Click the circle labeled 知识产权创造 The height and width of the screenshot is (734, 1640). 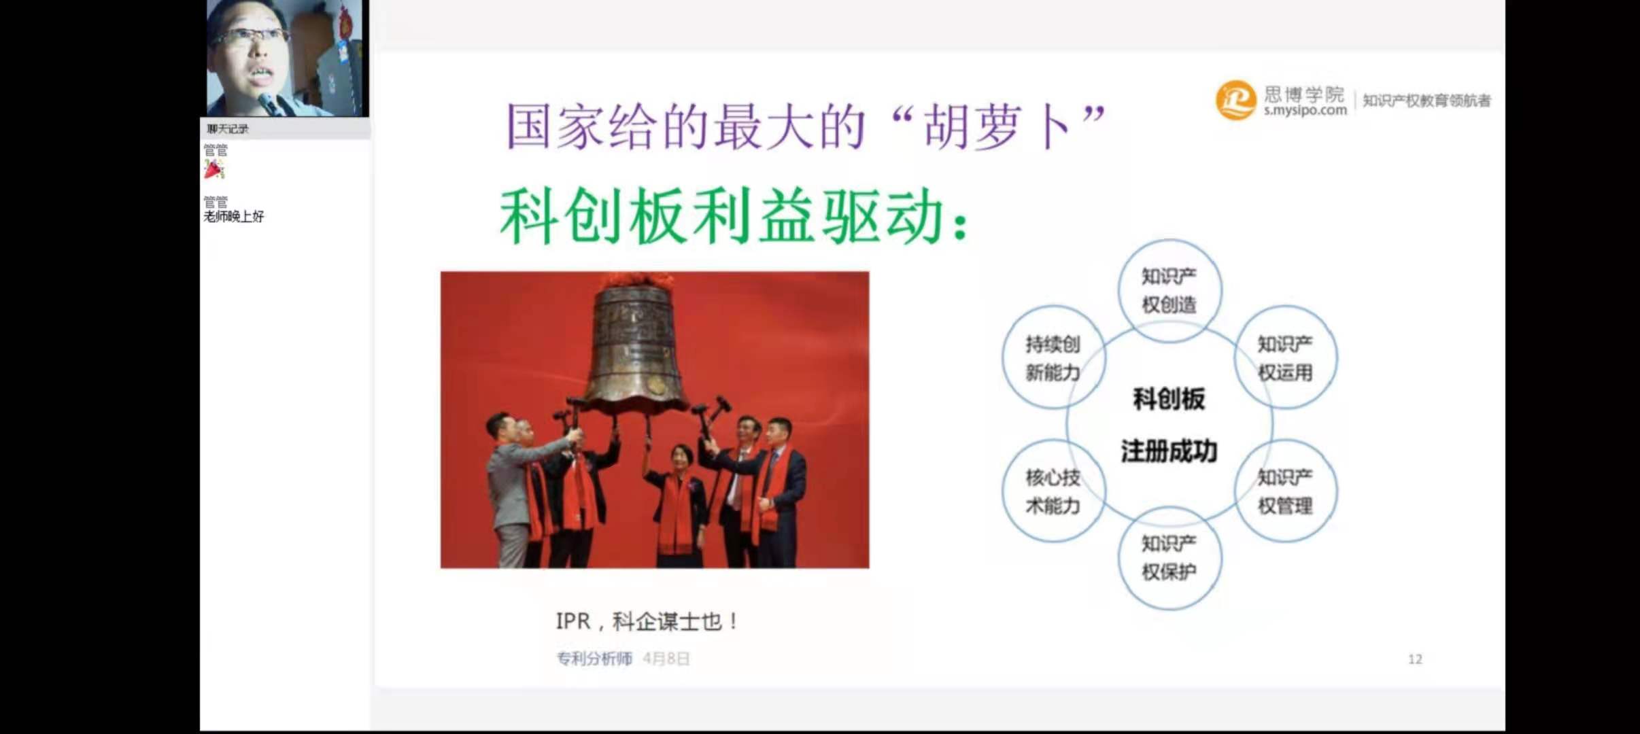point(1169,240)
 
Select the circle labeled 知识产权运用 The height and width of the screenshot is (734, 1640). point(1285,307)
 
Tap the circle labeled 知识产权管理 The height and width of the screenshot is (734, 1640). point(1285,440)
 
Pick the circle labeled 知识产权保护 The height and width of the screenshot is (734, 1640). point(1169,507)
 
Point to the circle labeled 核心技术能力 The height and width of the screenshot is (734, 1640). point(1053,440)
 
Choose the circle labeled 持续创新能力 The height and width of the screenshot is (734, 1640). point(1053,307)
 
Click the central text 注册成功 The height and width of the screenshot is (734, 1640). point(1169,451)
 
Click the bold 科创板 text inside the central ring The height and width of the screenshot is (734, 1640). point(1169,399)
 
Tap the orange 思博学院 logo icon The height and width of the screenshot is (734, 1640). point(1235,100)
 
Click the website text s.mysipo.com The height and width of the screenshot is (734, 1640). point(1305,110)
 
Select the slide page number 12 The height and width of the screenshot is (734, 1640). point(1415,659)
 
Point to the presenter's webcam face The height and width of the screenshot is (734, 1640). point(255,51)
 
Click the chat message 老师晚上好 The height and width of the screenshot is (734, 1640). point(234,217)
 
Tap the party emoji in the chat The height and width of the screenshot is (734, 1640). point(214,169)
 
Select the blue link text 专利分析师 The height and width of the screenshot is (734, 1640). point(594,659)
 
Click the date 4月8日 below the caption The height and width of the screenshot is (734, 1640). point(666,659)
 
